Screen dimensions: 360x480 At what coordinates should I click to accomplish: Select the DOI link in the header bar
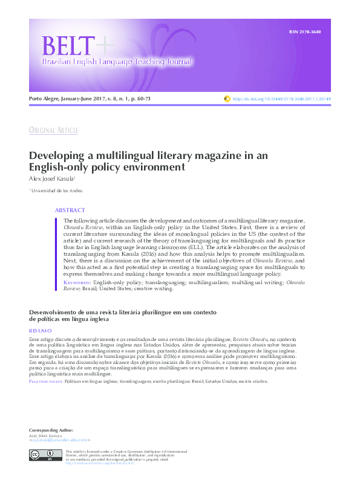point(281,99)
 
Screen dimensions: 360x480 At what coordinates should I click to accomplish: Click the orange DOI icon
point(227,98)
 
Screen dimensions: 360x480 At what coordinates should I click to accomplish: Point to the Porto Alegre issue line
point(90,98)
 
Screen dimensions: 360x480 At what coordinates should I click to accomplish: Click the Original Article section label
point(53,131)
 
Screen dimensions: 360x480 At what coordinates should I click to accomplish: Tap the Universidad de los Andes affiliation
point(57,190)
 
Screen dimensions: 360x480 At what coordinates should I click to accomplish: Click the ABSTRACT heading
point(70,210)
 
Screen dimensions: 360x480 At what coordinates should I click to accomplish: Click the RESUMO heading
point(41,331)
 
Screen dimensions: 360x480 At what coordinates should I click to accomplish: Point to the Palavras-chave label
point(45,381)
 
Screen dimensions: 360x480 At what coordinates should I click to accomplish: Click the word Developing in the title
point(58,155)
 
